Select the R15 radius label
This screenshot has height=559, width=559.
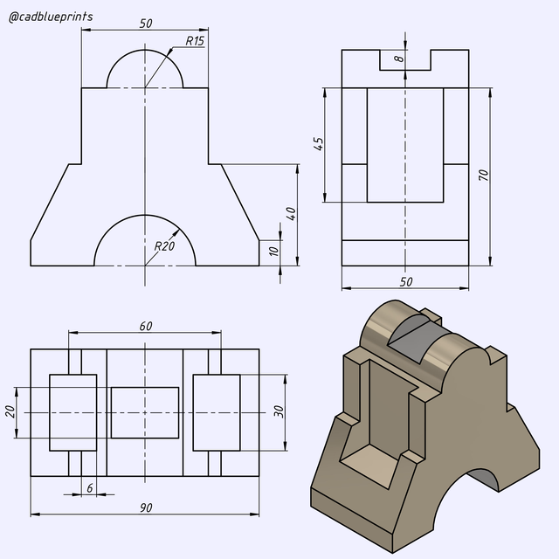[x=194, y=41]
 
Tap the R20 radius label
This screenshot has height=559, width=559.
[x=164, y=246]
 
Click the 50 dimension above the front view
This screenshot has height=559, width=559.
[x=145, y=23]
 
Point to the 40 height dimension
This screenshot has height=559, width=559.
[x=290, y=214]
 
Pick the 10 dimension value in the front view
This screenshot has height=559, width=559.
[x=273, y=252]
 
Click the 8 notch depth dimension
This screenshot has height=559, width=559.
[x=398, y=59]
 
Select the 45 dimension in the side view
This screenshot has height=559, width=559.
[x=319, y=144]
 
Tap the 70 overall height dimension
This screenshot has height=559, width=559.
[x=483, y=175]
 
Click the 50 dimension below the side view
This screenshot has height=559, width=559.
[x=405, y=281]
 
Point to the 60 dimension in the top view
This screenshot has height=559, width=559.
[x=145, y=326]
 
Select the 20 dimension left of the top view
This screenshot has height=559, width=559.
[x=11, y=411]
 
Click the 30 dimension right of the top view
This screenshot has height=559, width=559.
[x=279, y=411]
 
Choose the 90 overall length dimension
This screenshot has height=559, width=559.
[x=145, y=507]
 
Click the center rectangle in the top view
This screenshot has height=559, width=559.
[x=145, y=412]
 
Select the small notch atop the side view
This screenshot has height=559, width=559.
[x=405, y=61]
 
